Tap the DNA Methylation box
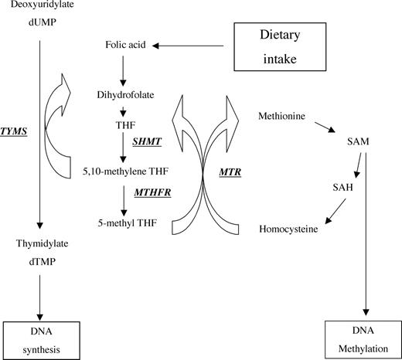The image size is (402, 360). (x=356, y=338)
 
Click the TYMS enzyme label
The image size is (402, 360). (x=14, y=132)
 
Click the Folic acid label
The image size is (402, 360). (x=123, y=46)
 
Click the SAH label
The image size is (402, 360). (x=343, y=188)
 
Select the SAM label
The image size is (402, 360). (x=363, y=144)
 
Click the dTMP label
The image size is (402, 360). (x=37, y=261)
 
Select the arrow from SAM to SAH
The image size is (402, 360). (x=358, y=166)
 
